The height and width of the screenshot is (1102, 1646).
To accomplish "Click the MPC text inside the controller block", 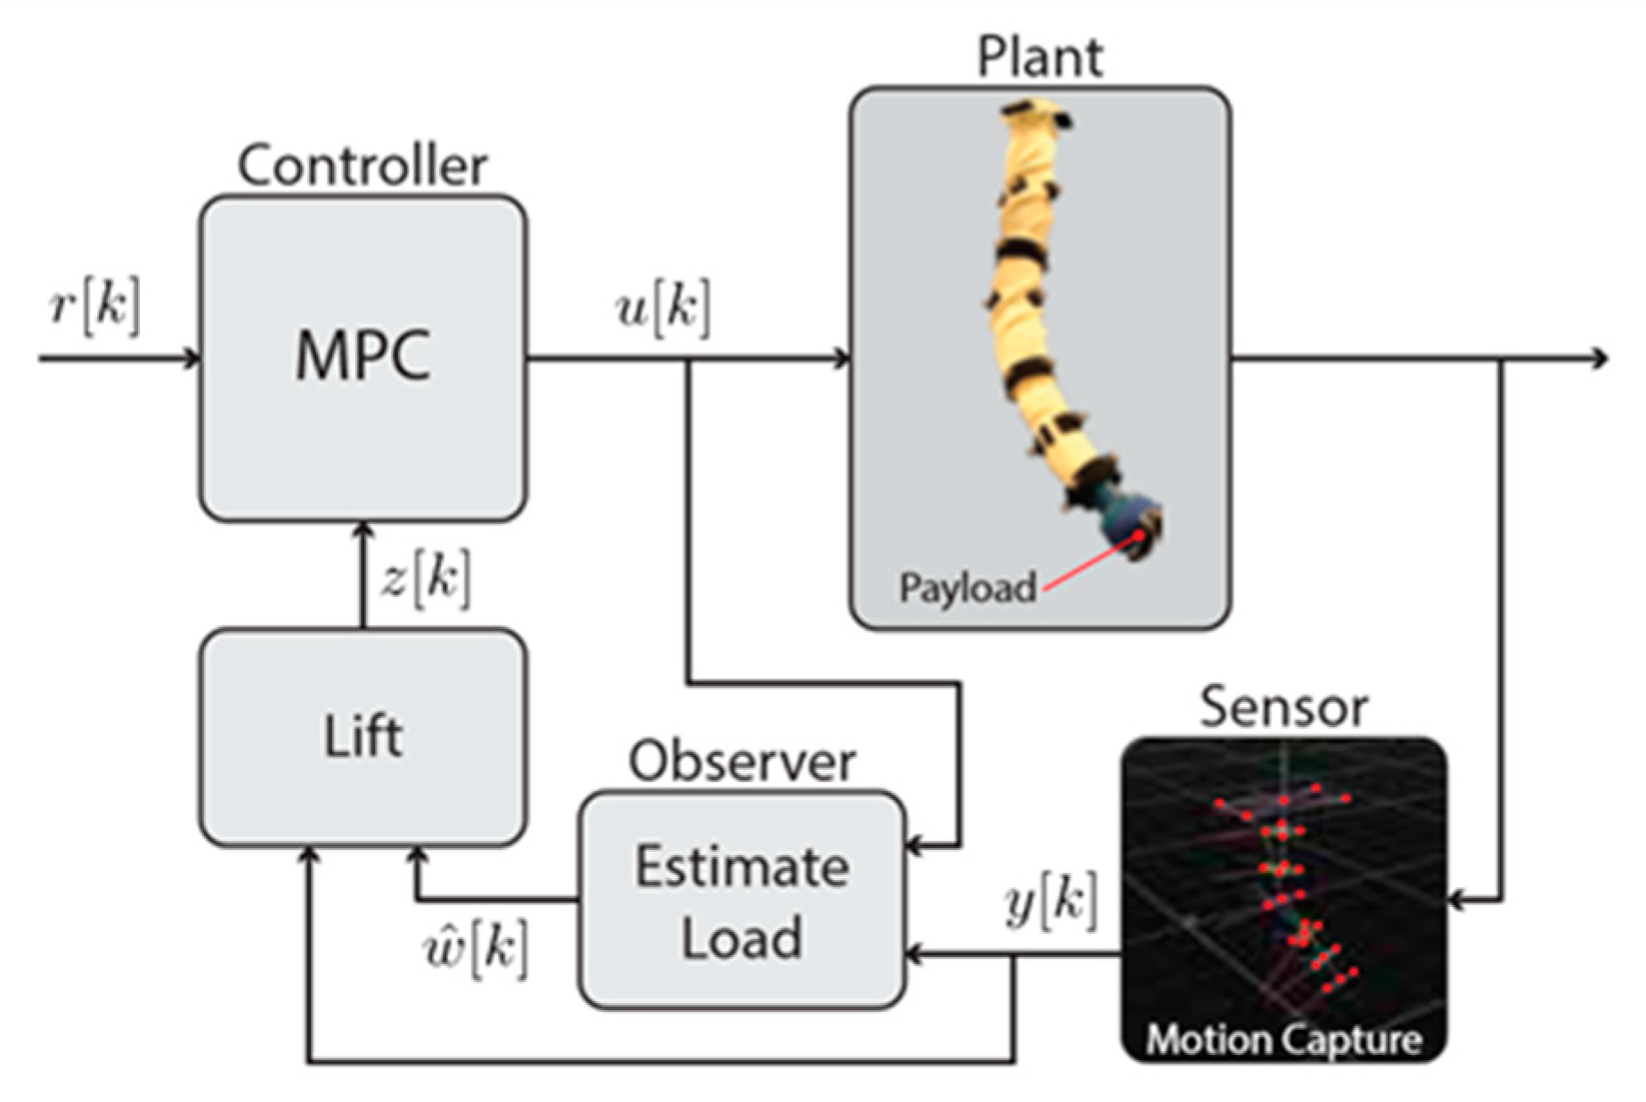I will pyautogui.click(x=363, y=356).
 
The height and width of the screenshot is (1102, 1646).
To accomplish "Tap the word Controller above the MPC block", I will pyautogui.click(x=363, y=167).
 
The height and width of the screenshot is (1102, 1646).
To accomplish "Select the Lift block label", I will pyautogui.click(x=363, y=737).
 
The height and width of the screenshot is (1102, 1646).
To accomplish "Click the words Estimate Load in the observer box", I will pyautogui.click(x=741, y=902).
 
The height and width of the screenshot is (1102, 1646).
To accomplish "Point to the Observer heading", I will pyautogui.click(x=741, y=763).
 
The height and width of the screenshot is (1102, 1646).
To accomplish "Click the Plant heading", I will pyautogui.click(x=1039, y=58).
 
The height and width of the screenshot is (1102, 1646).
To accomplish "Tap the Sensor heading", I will pyautogui.click(x=1283, y=708).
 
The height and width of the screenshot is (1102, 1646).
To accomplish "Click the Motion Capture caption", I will pyautogui.click(x=1283, y=1039).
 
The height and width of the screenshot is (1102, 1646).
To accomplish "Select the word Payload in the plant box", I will pyautogui.click(x=967, y=588).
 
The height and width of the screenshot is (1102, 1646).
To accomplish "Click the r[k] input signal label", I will pyautogui.click(x=94, y=306).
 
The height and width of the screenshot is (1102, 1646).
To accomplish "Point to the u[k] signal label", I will pyautogui.click(x=664, y=309).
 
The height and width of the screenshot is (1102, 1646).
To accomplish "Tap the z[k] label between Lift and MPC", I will pyautogui.click(x=426, y=579).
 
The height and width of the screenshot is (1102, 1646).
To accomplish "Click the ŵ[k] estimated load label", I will pyautogui.click(x=476, y=950).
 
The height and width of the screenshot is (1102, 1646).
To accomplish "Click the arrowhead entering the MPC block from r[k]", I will pyautogui.click(x=191, y=358).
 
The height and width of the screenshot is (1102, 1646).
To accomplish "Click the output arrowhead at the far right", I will pyautogui.click(x=1601, y=358).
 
